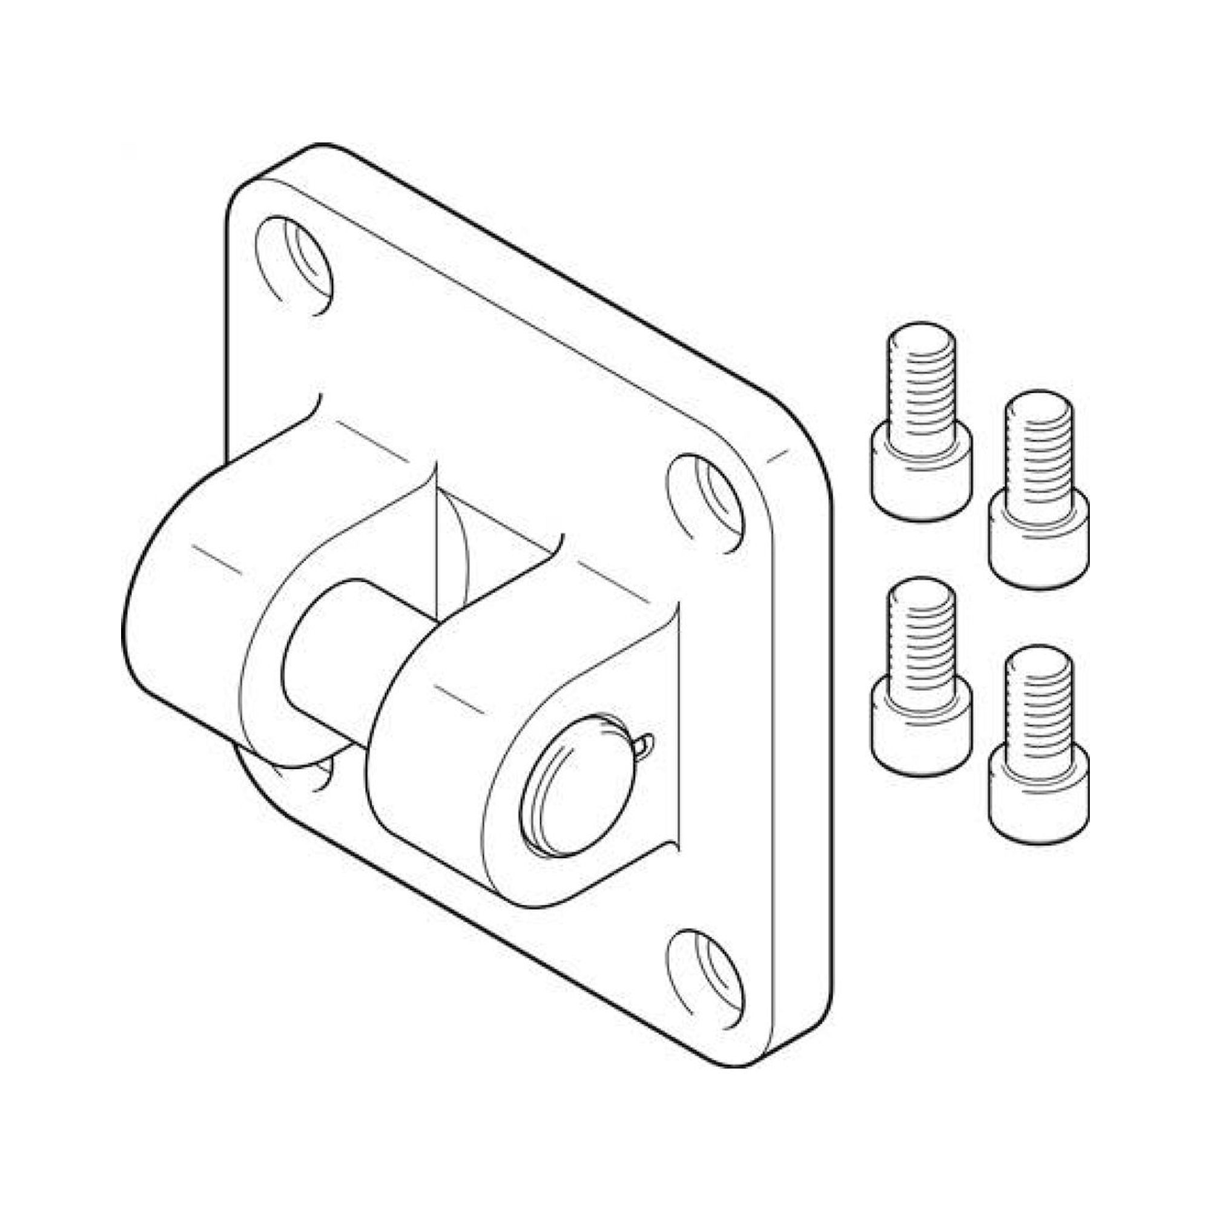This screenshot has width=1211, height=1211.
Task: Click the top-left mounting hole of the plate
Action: click(295, 266)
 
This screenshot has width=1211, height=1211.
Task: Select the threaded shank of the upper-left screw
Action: click(922, 376)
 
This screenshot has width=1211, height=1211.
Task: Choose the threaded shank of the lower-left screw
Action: click(922, 633)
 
